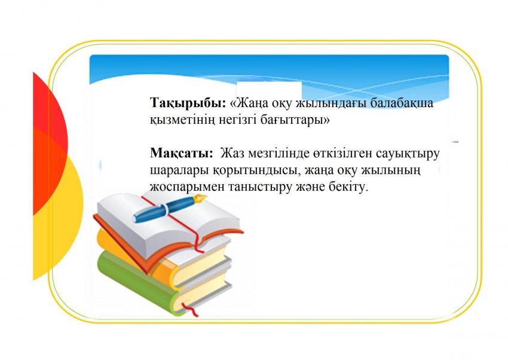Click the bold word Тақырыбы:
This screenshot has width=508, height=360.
(188, 103)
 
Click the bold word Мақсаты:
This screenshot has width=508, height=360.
(182, 153)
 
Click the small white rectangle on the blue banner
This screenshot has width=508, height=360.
(270, 90)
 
